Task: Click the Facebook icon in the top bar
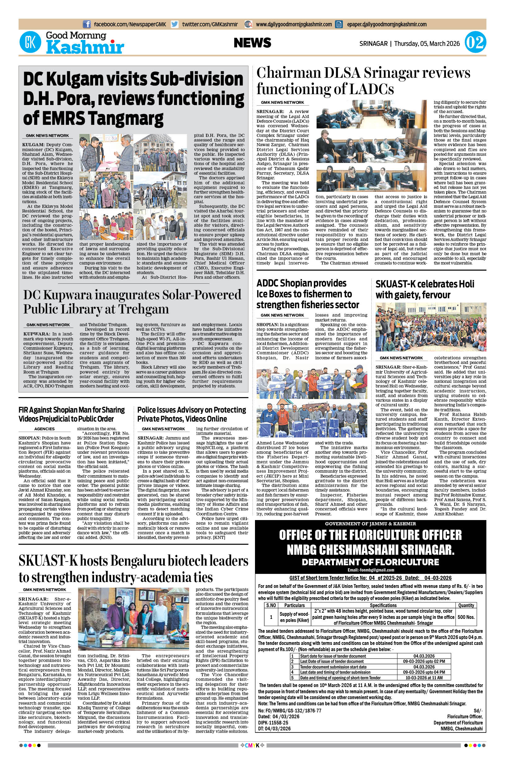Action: pos(87,24)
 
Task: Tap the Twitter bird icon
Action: pos(175,24)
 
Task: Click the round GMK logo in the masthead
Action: pos(30,42)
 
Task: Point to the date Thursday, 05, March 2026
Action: pos(427,43)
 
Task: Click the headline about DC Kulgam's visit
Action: pos(134,98)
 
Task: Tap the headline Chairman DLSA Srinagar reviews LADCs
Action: pos(363,81)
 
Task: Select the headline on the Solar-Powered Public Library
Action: pos(132,301)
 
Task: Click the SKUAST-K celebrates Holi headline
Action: pos(425,289)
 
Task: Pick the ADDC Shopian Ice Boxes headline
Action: pos(308,294)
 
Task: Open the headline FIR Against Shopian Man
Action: pos(71,414)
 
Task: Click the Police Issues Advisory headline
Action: pos(191,414)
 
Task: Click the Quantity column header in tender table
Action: pos(466,605)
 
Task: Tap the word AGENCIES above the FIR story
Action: pos(45,429)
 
